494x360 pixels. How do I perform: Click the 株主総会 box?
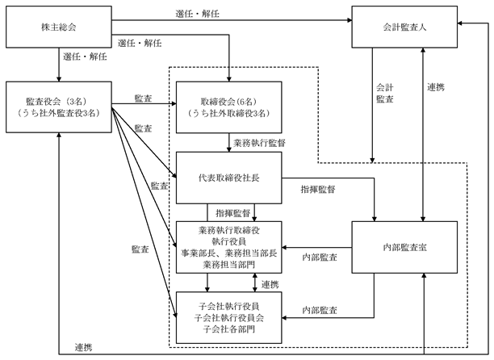pos(59,27)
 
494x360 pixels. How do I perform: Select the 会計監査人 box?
pos(404,27)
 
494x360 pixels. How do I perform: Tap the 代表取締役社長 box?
pos(228,178)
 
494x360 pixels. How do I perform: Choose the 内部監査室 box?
pos(404,247)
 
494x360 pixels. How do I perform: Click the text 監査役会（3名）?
pos(59,102)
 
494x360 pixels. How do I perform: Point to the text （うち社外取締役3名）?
pos(228,113)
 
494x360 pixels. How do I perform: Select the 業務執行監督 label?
pos(259,143)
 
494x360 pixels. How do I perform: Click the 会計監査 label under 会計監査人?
pos(385,93)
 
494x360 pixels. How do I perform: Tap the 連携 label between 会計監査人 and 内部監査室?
pos(436,87)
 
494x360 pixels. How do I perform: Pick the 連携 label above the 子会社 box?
pos(270,285)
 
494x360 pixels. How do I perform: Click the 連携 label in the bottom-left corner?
pos(83,347)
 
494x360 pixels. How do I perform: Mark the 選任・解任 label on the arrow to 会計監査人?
pos(198,14)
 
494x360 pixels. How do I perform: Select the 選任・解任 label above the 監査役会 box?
pos(85,57)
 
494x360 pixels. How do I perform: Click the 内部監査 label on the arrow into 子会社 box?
pos(320,311)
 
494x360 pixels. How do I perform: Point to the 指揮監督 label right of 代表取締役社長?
pos(318,190)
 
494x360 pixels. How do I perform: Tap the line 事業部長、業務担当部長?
pos(228,253)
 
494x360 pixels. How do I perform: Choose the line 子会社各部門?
pos(228,329)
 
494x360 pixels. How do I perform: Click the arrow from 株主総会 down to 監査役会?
pos(59,65)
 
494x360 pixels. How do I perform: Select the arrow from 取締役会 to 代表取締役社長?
pos(229,143)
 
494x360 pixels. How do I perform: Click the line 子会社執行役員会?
pos(228,318)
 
